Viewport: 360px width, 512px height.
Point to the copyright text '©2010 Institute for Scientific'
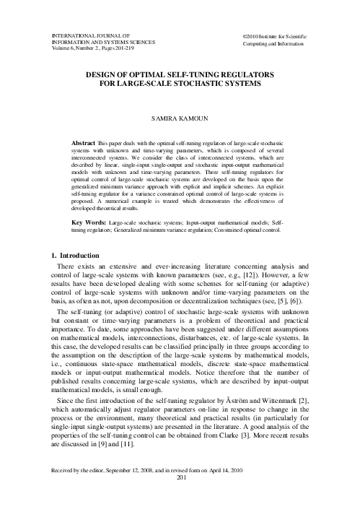click(274, 35)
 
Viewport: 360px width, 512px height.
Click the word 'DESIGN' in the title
click(104, 74)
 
